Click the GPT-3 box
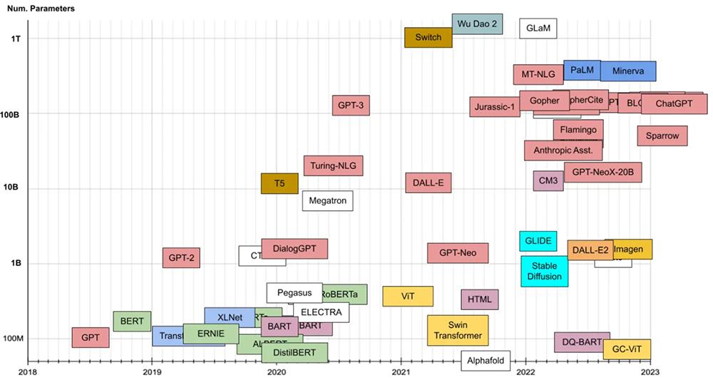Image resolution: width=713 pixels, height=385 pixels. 351,106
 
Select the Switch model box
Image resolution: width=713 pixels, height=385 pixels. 428,37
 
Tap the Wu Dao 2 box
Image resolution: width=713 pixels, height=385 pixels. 477,24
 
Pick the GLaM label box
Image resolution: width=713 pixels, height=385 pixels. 538,29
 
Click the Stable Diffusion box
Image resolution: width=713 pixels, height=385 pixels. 544,271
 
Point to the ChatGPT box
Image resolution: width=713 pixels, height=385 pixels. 674,103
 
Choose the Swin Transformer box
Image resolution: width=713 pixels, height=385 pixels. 458,330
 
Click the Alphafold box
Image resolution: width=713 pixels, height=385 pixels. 486,361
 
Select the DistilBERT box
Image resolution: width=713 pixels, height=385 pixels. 294,352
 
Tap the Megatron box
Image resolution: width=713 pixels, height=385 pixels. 327,200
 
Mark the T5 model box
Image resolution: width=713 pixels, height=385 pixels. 279,183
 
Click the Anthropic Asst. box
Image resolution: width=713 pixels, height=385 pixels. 563,150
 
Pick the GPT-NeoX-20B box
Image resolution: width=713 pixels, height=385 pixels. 602,173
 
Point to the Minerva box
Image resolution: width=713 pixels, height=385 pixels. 627,71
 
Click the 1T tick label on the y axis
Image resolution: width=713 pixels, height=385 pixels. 16,38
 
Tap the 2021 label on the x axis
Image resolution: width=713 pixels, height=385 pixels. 401,371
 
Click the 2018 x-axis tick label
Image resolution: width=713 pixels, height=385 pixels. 27,371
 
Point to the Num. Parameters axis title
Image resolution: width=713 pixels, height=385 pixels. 41,8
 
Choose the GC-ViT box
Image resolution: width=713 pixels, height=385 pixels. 627,349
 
